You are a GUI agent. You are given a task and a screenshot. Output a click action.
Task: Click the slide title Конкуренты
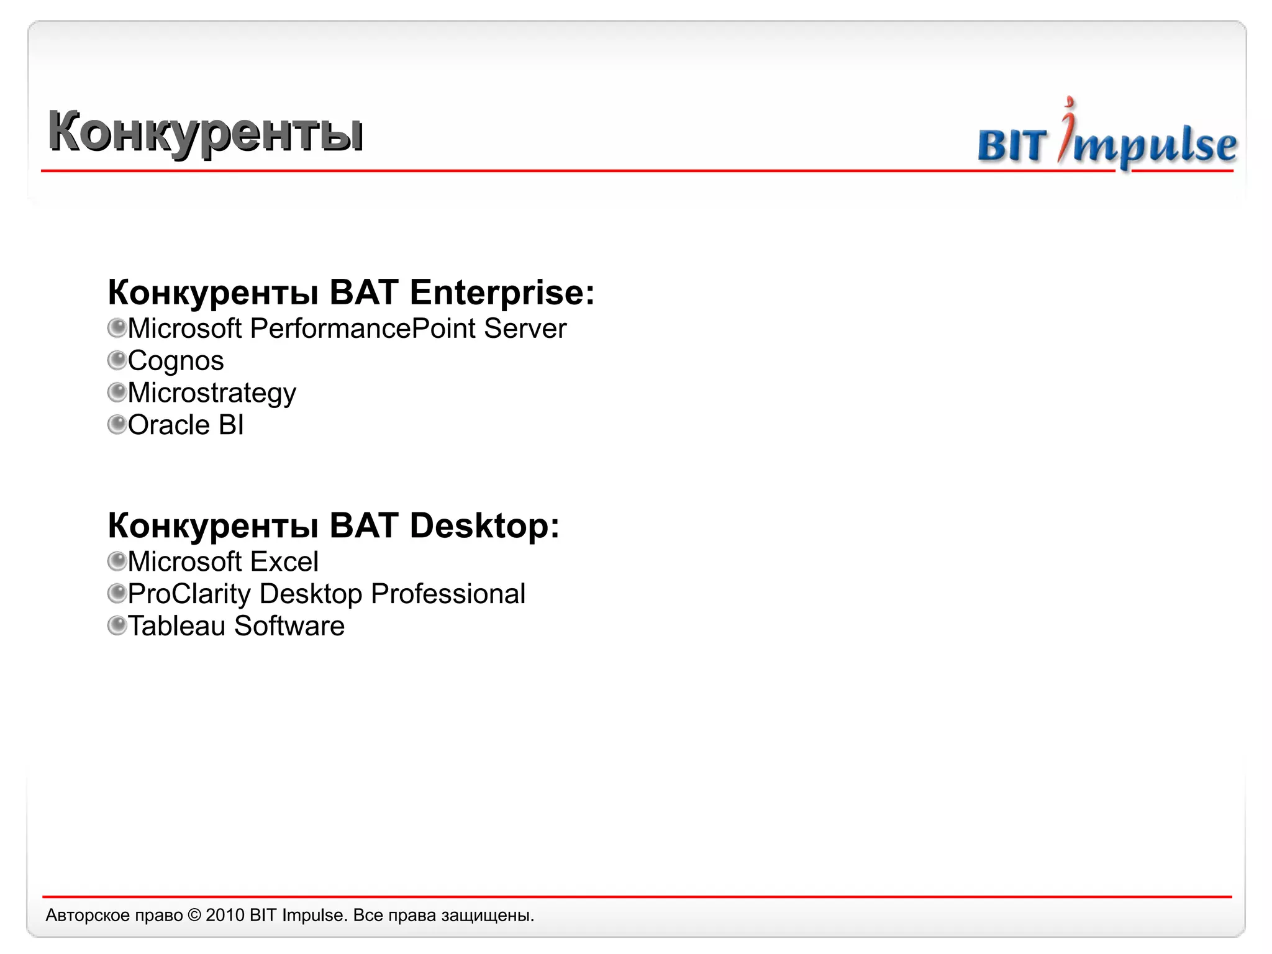point(206,132)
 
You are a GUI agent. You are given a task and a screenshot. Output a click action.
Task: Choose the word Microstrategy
point(212,393)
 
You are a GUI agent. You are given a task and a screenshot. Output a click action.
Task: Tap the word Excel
point(284,562)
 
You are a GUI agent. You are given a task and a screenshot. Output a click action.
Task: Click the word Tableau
point(176,626)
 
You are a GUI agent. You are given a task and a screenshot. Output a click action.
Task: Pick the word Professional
point(448,594)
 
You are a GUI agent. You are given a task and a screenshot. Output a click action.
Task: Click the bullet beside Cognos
point(117,360)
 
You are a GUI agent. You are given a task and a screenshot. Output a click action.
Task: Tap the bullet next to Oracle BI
point(117,425)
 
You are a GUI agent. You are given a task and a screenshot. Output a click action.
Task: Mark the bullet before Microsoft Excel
point(117,561)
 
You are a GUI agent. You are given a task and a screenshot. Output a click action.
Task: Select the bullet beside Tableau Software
point(117,625)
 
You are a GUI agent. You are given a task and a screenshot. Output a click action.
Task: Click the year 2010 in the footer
point(225,915)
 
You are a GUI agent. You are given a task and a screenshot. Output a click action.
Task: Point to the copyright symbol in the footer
point(194,915)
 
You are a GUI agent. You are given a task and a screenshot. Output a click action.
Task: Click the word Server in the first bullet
point(525,329)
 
